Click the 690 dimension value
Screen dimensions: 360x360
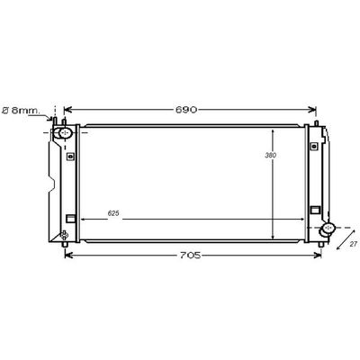[186, 110]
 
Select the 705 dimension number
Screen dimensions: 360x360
[190, 256]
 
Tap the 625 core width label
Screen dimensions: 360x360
[113, 213]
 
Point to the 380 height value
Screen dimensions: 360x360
[271, 156]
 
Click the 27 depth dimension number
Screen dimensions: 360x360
[354, 244]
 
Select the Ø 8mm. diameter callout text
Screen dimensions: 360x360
[21, 111]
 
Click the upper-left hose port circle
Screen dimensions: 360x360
[66, 132]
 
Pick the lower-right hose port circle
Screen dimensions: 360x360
[328, 228]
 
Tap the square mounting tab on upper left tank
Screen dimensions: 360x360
[70, 157]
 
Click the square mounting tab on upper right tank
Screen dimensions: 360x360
[314, 146]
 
